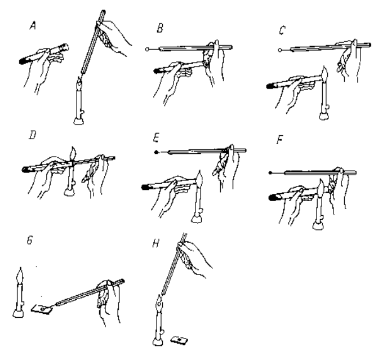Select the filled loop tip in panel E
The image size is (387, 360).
tap(156, 152)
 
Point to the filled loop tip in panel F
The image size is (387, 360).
tap(272, 171)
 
